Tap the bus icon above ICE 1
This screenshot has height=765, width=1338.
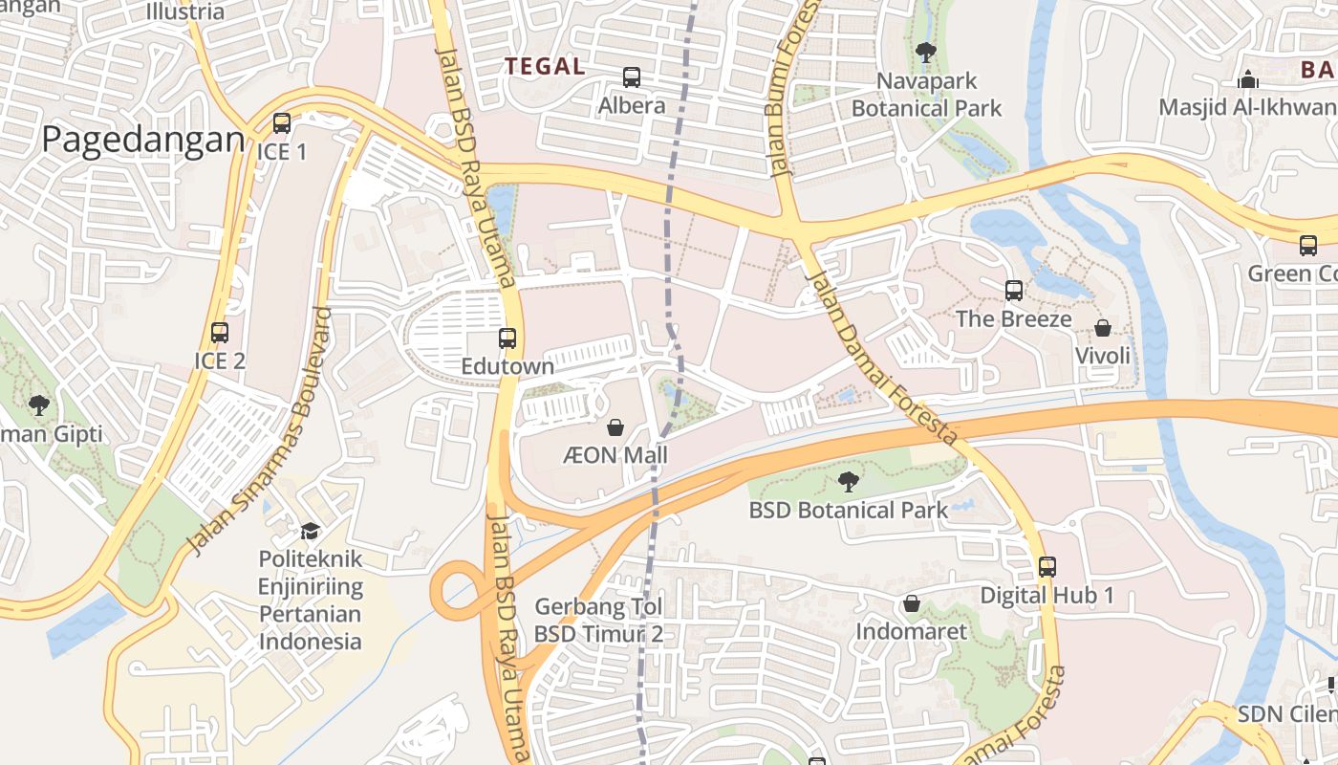(x=281, y=123)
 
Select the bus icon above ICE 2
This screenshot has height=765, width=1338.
(x=220, y=333)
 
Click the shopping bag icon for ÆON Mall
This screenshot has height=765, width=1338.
(x=615, y=427)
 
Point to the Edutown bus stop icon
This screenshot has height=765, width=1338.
(x=507, y=339)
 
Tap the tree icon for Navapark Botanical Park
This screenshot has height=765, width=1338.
(x=925, y=53)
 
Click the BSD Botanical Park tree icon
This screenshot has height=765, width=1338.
(x=848, y=482)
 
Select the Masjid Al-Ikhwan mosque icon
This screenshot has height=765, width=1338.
(x=1248, y=79)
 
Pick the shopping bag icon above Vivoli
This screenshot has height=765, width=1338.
(x=1103, y=328)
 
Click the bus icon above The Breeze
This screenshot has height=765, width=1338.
(x=1014, y=290)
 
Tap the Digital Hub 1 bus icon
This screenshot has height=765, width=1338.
(x=1047, y=567)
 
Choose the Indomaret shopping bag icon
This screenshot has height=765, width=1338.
(x=912, y=604)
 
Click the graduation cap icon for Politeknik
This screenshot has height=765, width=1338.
(x=310, y=531)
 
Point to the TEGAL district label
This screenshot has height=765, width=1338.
(x=545, y=66)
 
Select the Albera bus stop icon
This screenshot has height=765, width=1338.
(x=632, y=77)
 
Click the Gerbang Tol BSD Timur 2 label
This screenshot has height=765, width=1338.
(x=598, y=620)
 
